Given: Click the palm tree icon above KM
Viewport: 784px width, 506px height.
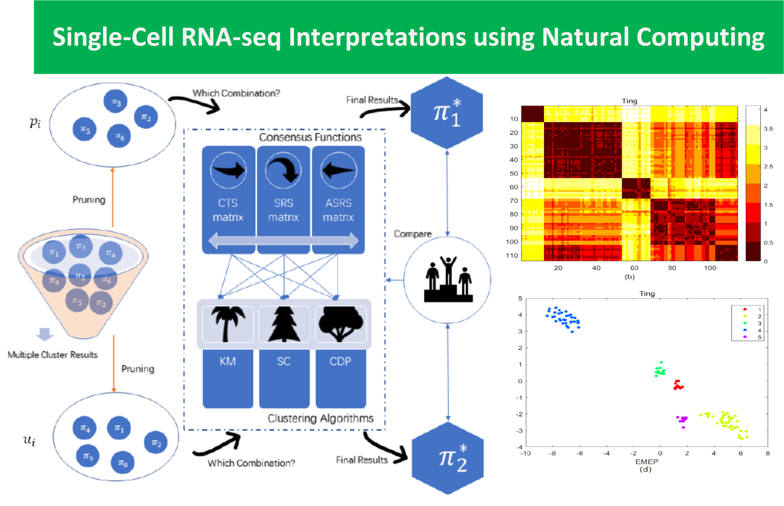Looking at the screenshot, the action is point(228,324).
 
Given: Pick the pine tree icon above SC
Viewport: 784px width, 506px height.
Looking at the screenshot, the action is point(284,324).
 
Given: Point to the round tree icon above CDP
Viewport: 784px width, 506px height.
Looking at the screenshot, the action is point(341,324).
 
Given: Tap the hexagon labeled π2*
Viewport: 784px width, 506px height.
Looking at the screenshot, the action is point(448,458).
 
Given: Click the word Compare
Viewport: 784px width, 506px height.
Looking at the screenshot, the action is point(412,234).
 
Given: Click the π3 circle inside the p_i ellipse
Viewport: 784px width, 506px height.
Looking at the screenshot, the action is point(115,101).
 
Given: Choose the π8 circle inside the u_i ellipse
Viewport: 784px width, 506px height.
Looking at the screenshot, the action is point(122,462).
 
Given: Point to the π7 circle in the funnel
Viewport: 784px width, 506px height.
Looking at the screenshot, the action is point(81,246).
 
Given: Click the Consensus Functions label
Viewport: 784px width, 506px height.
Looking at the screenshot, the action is point(310,137).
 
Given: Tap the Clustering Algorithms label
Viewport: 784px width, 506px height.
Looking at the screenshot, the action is point(320,418).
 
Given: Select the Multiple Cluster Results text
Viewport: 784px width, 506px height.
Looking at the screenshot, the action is point(53,354).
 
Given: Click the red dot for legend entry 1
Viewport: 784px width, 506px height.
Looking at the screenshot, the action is point(745,309).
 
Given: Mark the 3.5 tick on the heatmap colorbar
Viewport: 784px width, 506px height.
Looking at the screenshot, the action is point(768,128).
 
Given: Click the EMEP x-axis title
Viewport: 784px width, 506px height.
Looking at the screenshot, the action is point(646,462).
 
